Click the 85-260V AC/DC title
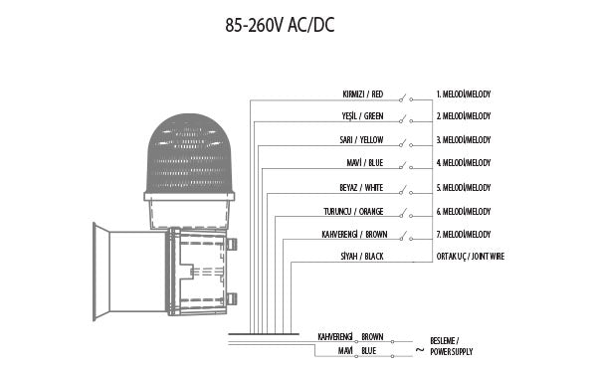click(x=280, y=25)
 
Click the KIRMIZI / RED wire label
click(x=362, y=93)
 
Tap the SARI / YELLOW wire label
click(x=361, y=140)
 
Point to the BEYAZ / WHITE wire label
click(x=361, y=187)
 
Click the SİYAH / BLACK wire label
click(x=361, y=257)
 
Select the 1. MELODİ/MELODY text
click(x=464, y=93)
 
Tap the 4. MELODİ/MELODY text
click(x=464, y=163)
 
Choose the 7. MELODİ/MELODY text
click(x=464, y=234)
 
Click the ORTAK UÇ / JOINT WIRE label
click(x=471, y=257)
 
